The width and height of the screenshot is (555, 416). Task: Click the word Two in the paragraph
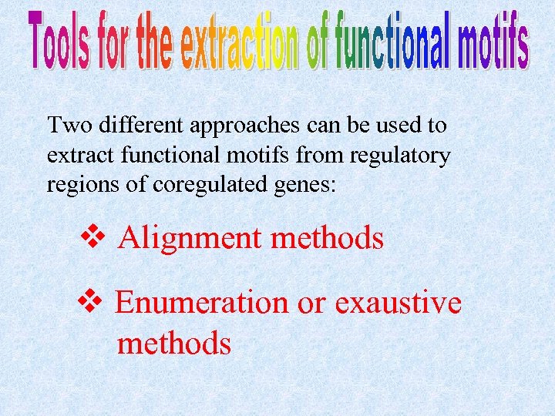point(65,124)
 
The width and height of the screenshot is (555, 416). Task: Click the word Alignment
point(190,239)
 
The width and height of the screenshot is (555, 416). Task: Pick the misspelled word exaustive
point(398,302)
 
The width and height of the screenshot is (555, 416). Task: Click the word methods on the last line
point(173,342)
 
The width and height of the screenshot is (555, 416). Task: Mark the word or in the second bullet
point(311,304)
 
